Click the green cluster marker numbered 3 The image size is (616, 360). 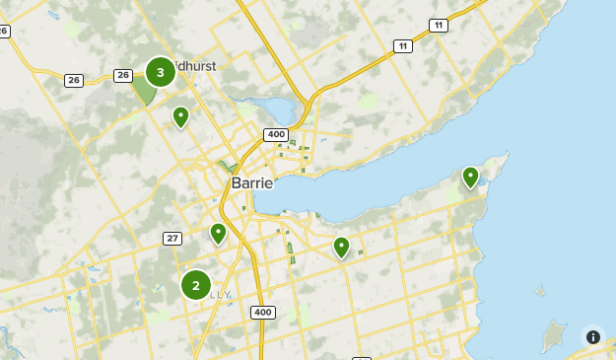click(161, 72)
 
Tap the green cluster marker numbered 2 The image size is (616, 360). click(196, 285)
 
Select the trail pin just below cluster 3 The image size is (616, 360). click(180, 117)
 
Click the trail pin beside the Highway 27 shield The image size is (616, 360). click(218, 234)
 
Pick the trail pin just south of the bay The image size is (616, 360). click(341, 247)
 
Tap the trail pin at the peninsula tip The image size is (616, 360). click(470, 178)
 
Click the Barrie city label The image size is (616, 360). click(252, 182)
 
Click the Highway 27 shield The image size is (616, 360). click(172, 239)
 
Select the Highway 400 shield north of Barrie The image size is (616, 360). click(275, 134)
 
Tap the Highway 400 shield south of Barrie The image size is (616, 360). click(262, 313)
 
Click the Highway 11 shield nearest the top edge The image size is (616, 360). click(438, 25)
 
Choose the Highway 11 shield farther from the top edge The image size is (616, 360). click(402, 46)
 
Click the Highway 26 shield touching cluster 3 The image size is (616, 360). click(123, 75)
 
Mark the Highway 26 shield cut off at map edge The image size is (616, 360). click(4, 31)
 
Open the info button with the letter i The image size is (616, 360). click(592, 336)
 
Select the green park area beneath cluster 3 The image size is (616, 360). click(144, 92)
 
